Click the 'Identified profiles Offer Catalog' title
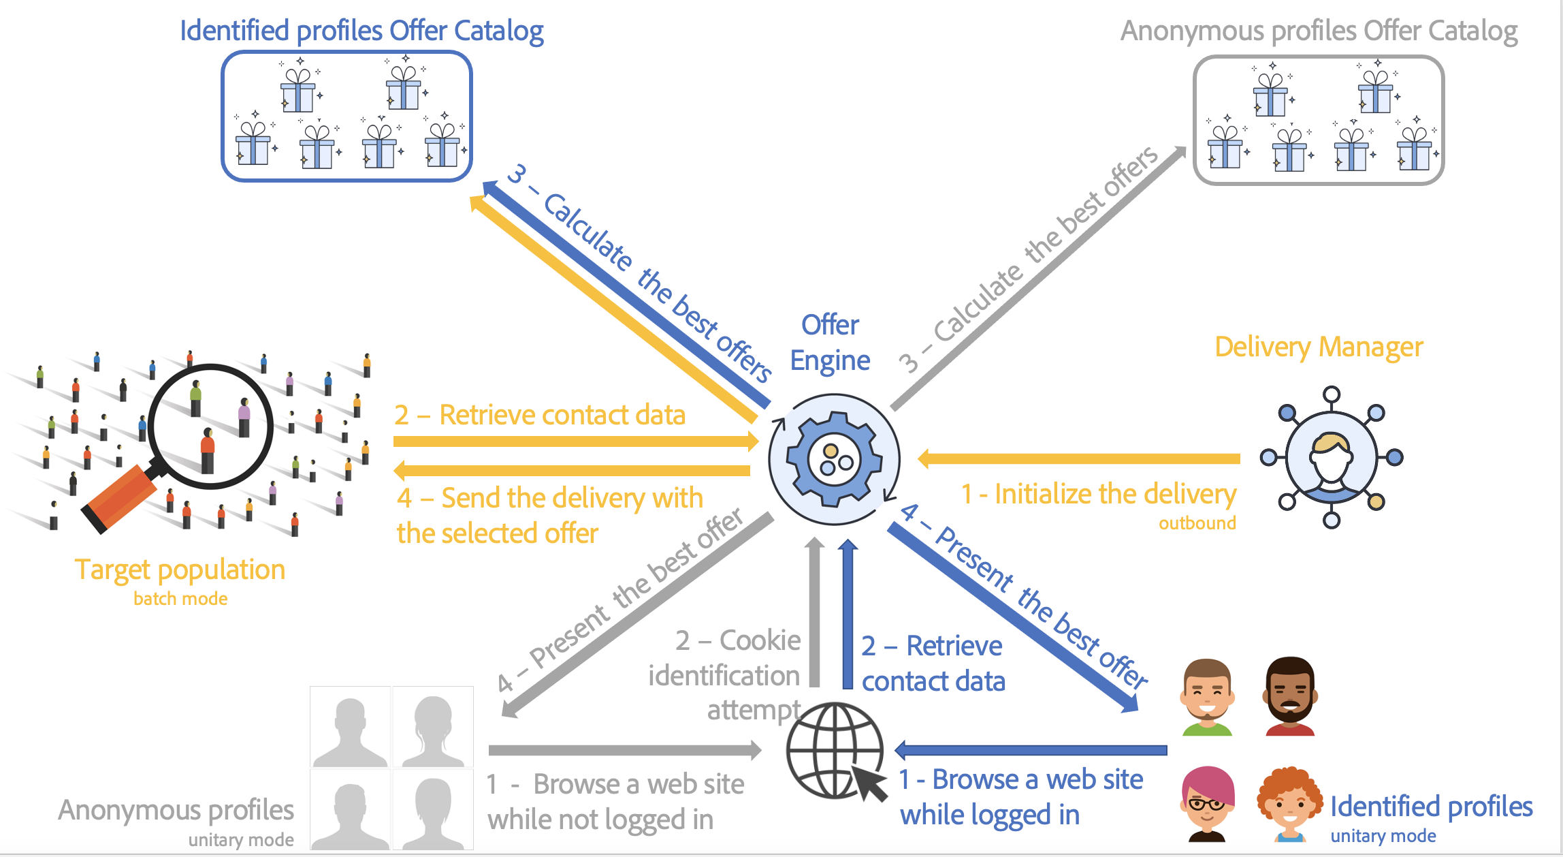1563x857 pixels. [361, 31]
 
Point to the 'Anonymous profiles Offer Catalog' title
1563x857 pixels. [1319, 31]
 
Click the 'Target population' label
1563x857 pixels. [180, 570]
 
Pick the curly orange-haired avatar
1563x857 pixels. [1289, 804]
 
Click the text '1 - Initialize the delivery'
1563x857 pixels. [1098, 494]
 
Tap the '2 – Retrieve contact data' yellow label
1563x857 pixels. [540, 415]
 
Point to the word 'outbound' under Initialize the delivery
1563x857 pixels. [1197, 523]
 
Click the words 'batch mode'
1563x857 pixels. [180, 599]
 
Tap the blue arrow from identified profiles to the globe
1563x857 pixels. [1031, 750]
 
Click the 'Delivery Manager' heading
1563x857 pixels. [1319, 347]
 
